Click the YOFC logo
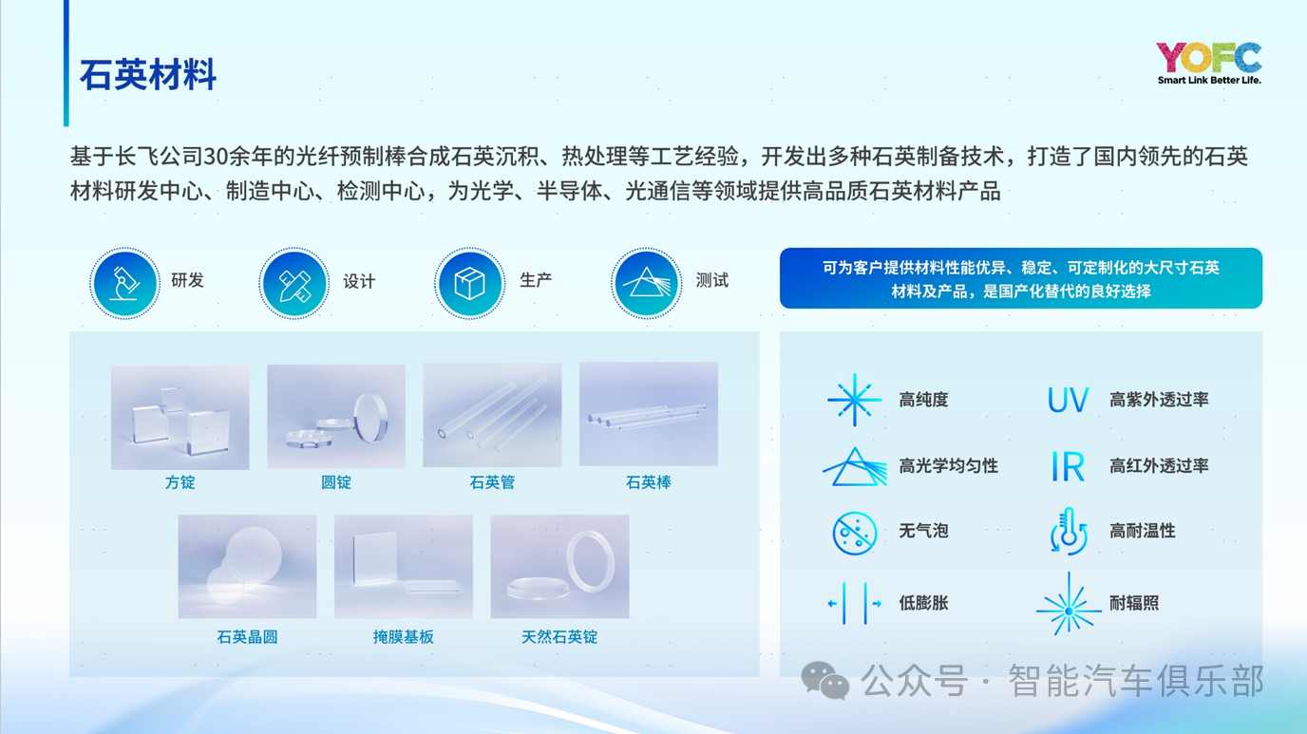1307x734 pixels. coord(1208,63)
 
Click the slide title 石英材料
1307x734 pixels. coord(147,75)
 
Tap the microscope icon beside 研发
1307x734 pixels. coord(124,283)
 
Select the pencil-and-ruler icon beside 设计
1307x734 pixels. coord(294,283)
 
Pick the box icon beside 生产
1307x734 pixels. coord(469,283)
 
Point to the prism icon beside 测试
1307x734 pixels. coord(646,283)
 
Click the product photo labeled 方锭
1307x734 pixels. coord(180,417)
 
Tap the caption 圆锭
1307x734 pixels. coord(336,482)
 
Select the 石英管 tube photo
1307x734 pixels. coord(492,416)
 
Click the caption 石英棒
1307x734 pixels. coord(648,482)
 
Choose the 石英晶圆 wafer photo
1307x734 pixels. coord(247,567)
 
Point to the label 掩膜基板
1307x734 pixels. coord(403,636)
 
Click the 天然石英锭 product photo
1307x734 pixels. coord(559,567)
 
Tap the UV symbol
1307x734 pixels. coord(1068,400)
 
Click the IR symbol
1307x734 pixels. coord(1068,466)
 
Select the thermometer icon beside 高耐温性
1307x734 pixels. coord(1069,531)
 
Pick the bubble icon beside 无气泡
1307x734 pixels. coord(855,533)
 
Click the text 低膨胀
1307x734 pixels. coord(923,603)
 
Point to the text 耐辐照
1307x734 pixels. coord(1134,603)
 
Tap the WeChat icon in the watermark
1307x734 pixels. coord(825,680)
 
